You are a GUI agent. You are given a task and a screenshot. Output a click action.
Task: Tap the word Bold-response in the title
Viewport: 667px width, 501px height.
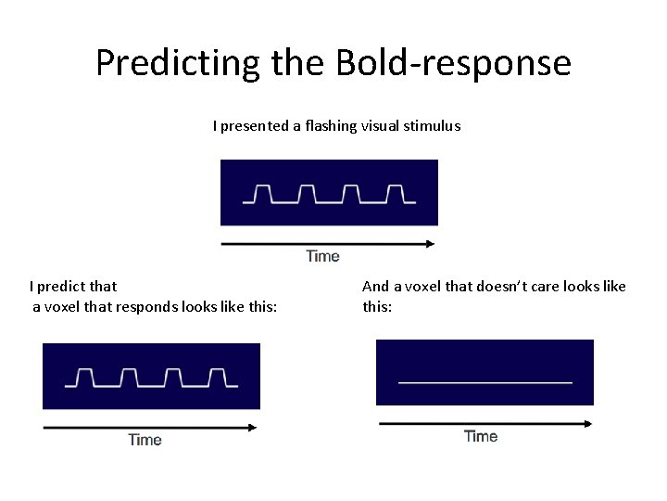click(x=454, y=63)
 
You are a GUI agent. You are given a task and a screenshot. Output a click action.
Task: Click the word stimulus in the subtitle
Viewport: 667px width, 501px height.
click(x=432, y=125)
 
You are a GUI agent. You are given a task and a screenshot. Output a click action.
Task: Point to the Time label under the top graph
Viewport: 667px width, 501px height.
click(x=322, y=256)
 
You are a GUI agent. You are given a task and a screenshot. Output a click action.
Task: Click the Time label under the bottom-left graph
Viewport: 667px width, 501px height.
click(x=145, y=440)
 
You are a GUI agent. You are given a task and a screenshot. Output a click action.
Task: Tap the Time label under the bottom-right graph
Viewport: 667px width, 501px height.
click(x=481, y=436)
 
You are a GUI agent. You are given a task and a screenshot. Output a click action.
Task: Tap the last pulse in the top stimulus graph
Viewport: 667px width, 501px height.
click(x=396, y=193)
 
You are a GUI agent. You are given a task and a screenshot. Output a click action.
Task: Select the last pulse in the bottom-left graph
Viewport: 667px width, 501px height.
click(x=218, y=377)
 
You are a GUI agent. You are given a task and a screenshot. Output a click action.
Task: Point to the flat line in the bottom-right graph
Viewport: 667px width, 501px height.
click(x=485, y=381)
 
